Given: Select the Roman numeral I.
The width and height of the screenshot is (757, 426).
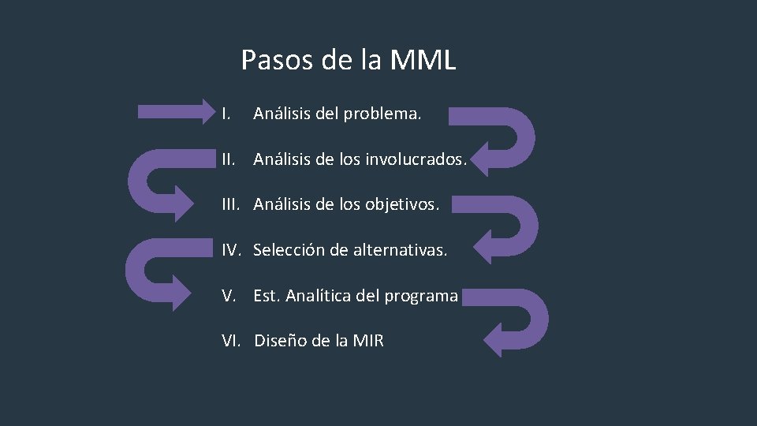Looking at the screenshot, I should coord(226,114).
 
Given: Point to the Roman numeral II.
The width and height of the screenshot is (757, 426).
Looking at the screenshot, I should coord(229,159).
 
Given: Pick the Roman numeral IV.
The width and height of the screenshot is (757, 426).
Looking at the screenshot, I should coord(232,251).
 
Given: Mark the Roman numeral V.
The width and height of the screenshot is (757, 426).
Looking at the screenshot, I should coord(229,296).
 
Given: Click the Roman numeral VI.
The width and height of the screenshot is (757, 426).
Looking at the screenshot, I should coord(232,342).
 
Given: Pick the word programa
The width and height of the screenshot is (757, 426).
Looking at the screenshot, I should coord(421,297).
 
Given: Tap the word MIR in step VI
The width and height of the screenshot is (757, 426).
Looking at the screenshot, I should coord(368,342).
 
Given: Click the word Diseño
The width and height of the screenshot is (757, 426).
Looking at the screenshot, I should coord(279,342).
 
